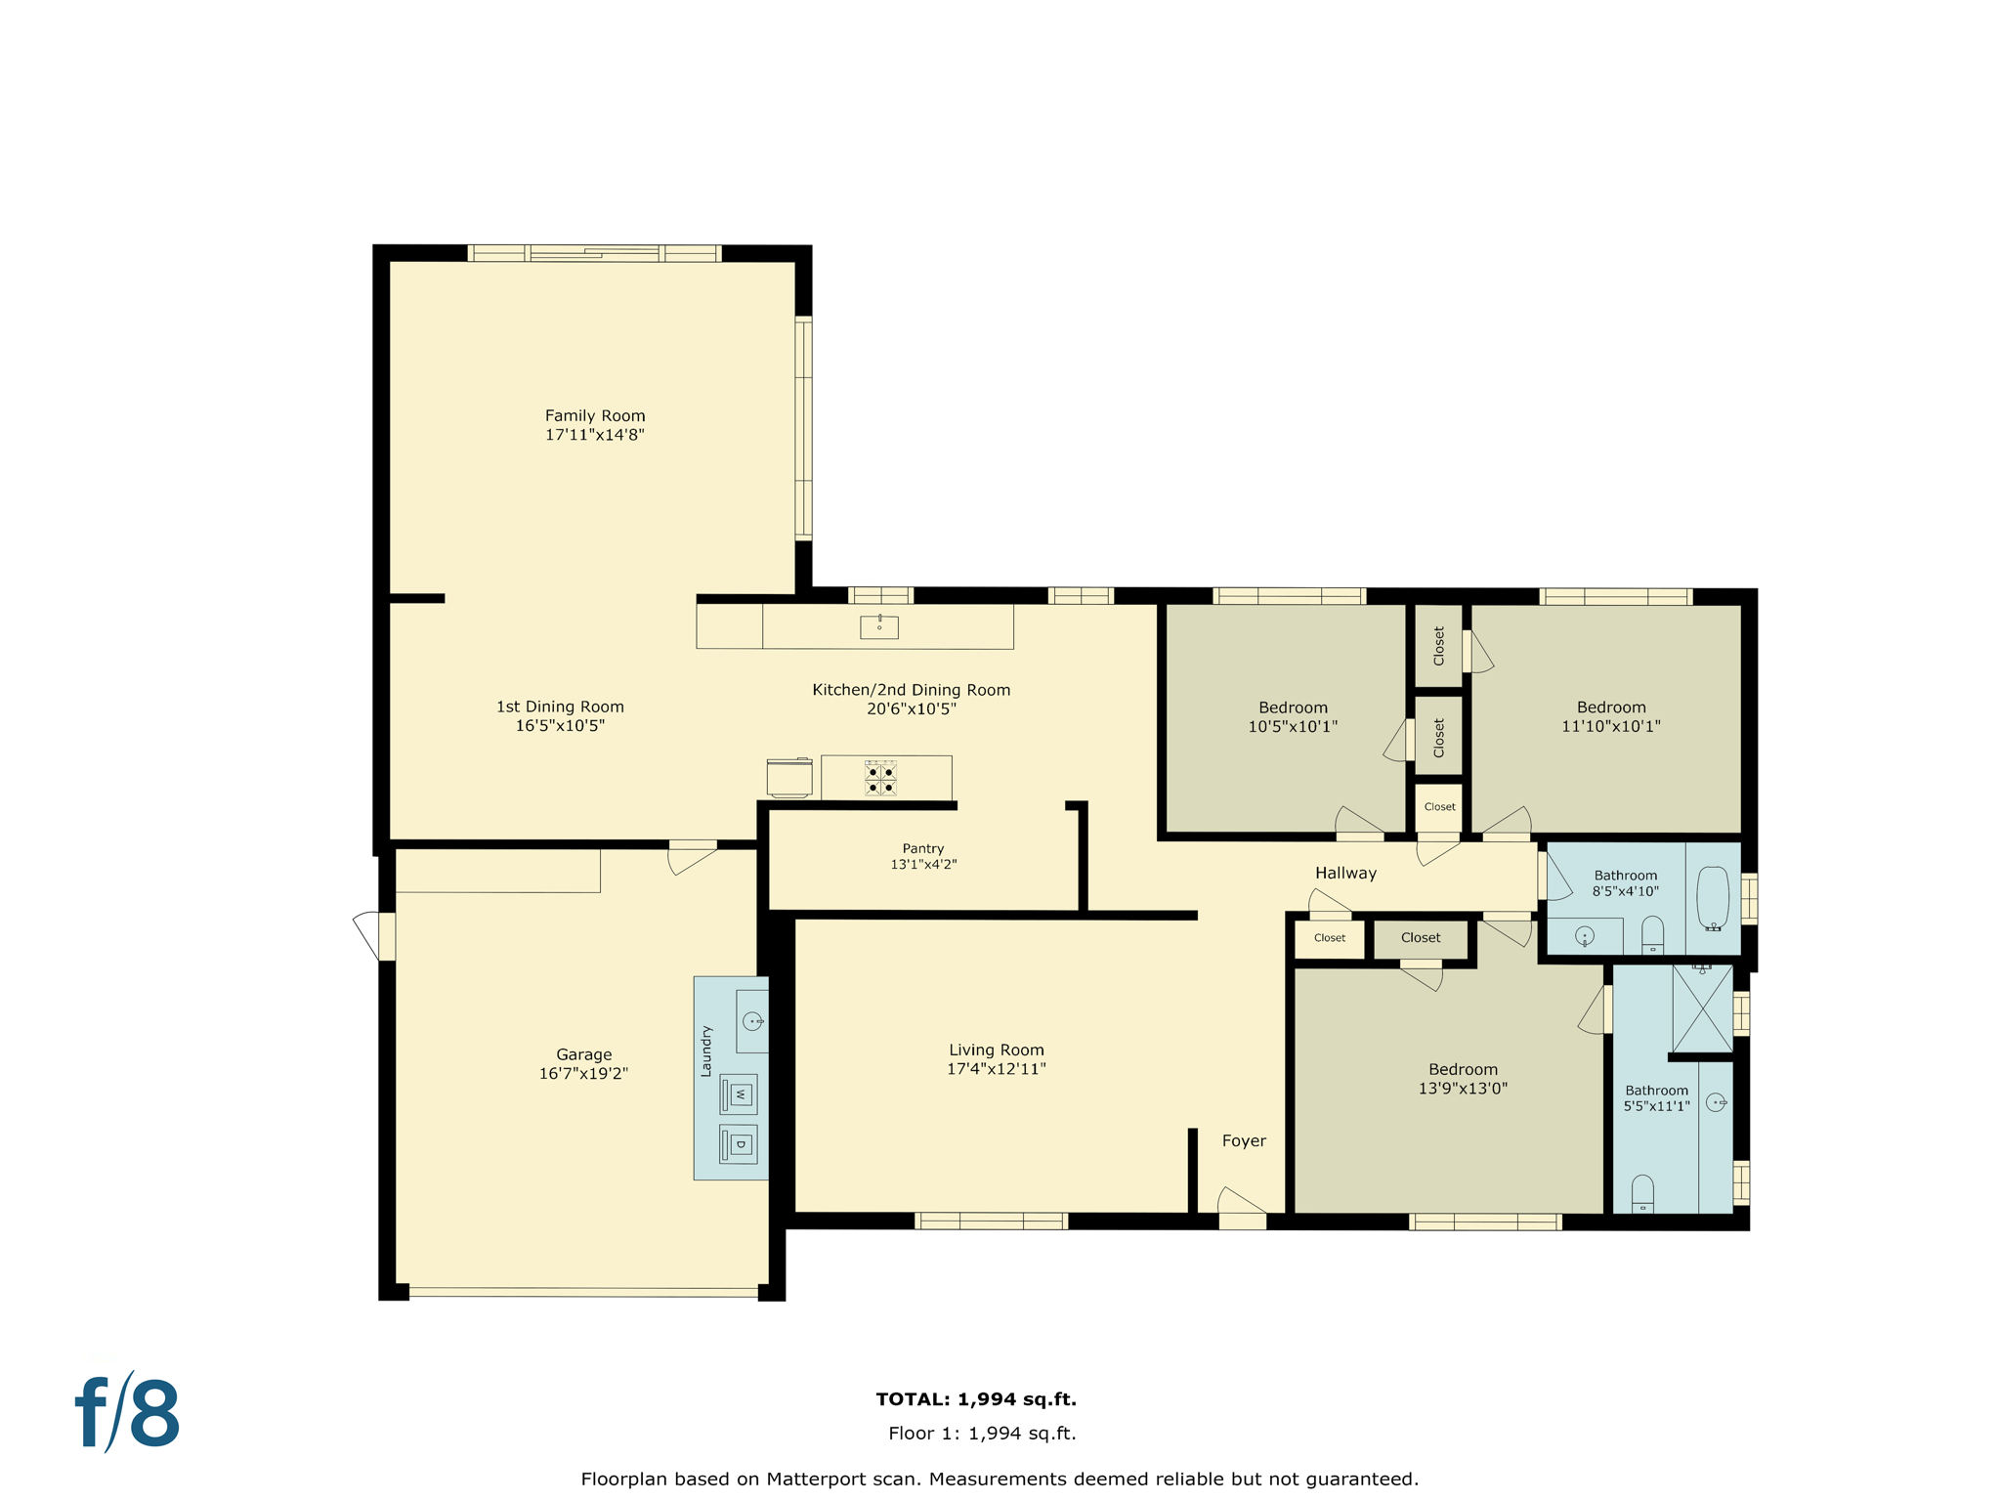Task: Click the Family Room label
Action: (594, 416)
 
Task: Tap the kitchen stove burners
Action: (880, 779)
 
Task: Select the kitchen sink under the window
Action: (878, 626)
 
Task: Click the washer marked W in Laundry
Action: (739, 1094)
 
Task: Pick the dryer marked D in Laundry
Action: (739, 1144)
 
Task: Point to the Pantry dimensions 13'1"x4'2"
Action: (922, 865)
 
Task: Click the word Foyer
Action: (1243, 1140)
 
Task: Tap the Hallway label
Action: (1344, 873)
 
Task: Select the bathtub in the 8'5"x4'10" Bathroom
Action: (1712, 897)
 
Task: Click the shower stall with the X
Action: (1701, 1008)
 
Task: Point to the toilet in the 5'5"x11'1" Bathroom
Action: (1642, 1193)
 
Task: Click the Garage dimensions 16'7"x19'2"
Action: (583, 1073)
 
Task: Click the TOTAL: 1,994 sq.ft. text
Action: (975, 1398)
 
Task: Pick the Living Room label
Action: (996, 1051)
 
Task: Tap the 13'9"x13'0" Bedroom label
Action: (1462, 1079)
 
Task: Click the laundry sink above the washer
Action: (752, 1021)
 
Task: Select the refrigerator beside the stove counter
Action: (789, 778)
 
